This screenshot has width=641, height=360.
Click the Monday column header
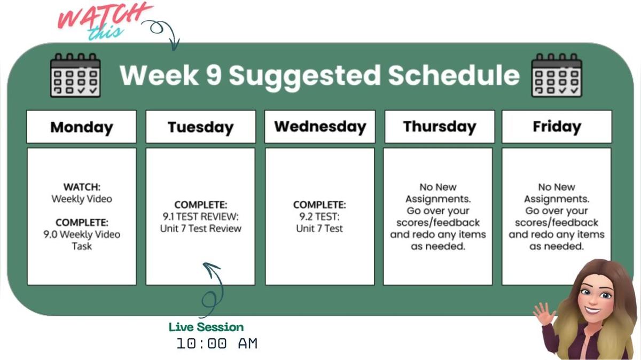pyautogui.click(x=82, y=127)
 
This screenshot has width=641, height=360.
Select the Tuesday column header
pyautogui.click(x=201, y=127)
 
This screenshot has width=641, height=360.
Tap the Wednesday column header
pyautogui.click(x=320, y=127)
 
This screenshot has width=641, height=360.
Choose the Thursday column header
pyautogui.click(x=439, y=127)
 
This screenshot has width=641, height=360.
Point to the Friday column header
pyautogui.click(x=557, y=127)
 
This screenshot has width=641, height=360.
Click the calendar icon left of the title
pyautogui.click(x=75, y=75)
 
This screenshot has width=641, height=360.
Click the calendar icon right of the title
pyautogui.click(x=557, y=75)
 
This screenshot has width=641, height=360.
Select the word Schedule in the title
pyautogui.click(x=454, y=75)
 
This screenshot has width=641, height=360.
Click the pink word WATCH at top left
pyautogui.click(x=104, y=16)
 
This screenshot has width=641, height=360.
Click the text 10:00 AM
pyautogui.click(x=217, y=344)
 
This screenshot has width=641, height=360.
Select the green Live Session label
pyautogui.click(x=206, y=327)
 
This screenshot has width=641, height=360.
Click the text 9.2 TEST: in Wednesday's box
pyautogui.click(x=319, y=217)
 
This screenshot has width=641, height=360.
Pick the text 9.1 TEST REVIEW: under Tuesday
pyautogui.click(x=201, y=217)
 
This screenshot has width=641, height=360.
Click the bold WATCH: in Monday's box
pyautogui.click(x=82, y=187)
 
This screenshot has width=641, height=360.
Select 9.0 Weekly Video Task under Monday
pyautogui.click(x=82, y=240)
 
